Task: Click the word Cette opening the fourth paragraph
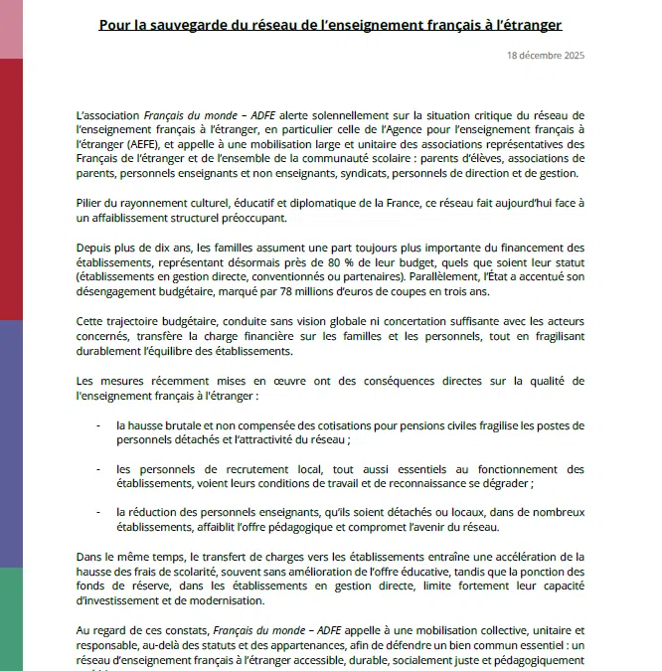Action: [x=92, y=322]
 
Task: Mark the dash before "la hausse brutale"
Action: [x=101, y=425]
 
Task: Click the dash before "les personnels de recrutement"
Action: [x=101, y=469]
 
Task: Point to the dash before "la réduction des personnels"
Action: [x=101, y=512]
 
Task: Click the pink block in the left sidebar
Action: [x=11, y=29]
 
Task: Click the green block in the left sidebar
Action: [x=11, y=617]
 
